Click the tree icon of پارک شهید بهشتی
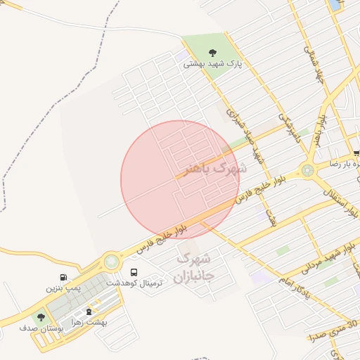click(213, 51)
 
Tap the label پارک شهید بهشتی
click(212, 63)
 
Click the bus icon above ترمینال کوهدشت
click(134, 271)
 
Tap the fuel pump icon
click(64, 277)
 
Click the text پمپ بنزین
click(64, 288)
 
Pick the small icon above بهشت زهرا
click(89, 311)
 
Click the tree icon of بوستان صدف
click(40, 317)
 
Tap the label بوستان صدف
click(41, 328)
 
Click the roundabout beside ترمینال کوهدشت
click(111, 262)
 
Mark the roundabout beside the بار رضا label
click(307, 169)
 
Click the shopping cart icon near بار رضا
click(356, 153)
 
